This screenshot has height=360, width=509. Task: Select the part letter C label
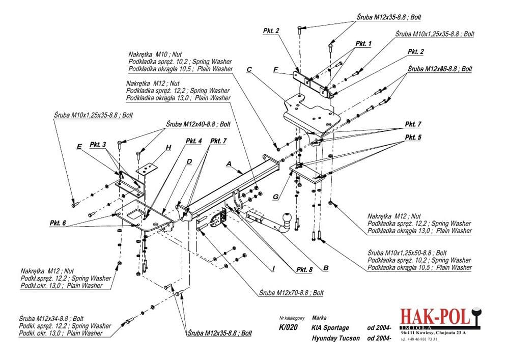(249, 69)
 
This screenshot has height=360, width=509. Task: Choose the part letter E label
(79, 146)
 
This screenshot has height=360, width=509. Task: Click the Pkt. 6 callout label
(58, 223)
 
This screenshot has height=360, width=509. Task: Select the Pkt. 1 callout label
(363, 44)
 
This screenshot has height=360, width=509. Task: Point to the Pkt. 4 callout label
(194, 141)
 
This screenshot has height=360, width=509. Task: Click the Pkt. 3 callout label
(98, 145)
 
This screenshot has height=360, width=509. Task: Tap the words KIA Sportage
(330, 328)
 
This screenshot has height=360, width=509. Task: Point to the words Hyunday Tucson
(335, 338)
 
